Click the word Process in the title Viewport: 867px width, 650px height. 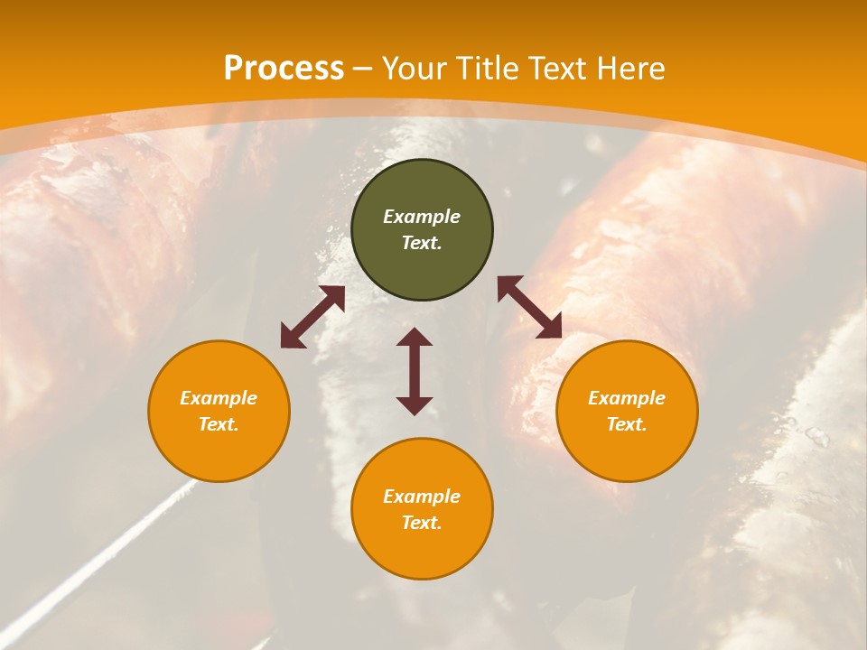[284, 69]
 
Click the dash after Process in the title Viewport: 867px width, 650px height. [363, 70]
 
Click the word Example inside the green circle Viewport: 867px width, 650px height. [422, 217]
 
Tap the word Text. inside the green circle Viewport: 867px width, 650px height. [422, 244]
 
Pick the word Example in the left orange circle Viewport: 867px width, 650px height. [219, 398]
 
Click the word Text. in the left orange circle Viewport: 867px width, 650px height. [219, 425]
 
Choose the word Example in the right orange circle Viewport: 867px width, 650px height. [627, 398]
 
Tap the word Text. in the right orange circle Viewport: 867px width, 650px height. [627, 425]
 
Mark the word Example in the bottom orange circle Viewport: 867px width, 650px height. [422, 497]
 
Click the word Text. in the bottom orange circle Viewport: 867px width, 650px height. [422, 524]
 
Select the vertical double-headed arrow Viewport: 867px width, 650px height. [415, 371]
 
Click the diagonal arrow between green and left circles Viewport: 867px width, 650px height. [312, 317]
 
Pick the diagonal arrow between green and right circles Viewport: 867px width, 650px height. [530, 307]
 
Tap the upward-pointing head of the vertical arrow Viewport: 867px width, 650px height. [415, 338]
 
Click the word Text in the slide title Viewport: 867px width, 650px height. [558, 69]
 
